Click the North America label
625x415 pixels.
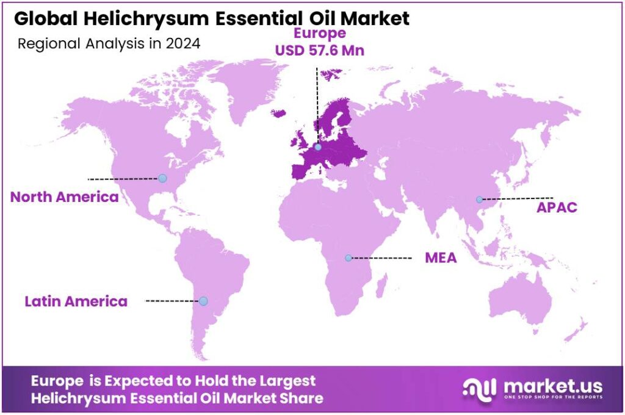coord(64,197)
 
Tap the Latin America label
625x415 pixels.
coord(76,301)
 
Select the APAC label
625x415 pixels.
coord(557,207)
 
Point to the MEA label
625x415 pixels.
coord(441,258)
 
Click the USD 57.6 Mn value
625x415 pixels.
coord(320,51)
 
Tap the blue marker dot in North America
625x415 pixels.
coord(162,178)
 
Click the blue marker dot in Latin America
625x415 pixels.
coord(203,301)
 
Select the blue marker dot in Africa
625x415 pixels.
coord(348,258)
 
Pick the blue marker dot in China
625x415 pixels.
coord(480,199)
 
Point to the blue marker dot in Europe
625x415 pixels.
coord(318,146)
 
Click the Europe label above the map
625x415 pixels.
coord(320,33)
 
